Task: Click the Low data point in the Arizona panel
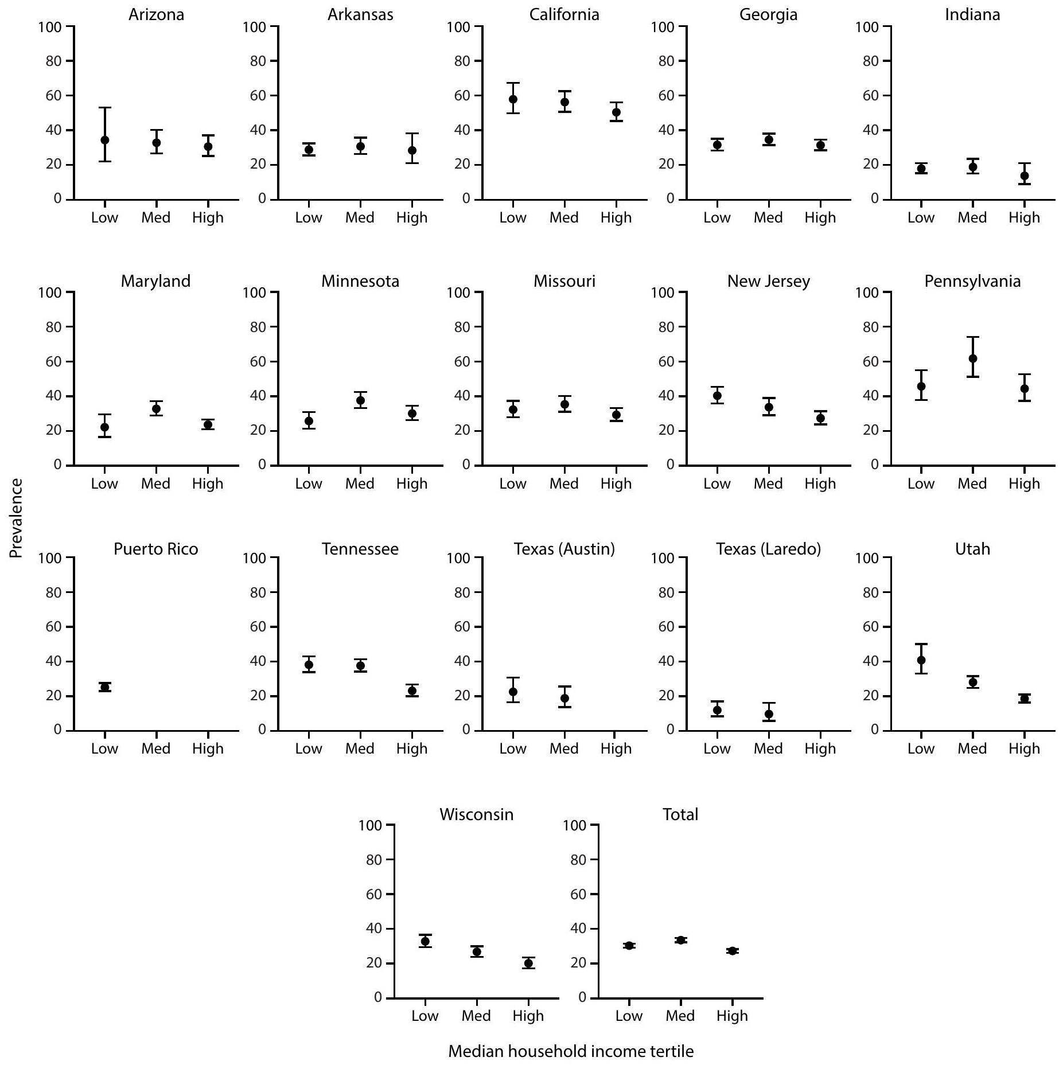pyautogui.click(x=104, y=140)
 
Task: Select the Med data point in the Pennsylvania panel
pyautogui.click(x=972, y=358)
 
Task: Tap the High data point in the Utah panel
pyautogui.click(x=1024, y=699)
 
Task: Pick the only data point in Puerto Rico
pyautogui.click(x=104, y=687)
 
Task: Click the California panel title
pyautogui.click(x=564, y=15)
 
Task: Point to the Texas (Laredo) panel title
pyautogui.click(x=768, y=549)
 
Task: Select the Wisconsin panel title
pyautogui.click(x=476, y=814)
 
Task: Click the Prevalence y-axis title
pyautogui.click(x=17, y=518)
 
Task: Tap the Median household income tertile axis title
pyautogui.click(x=570, y=1051)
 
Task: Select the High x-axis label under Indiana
pyautogui.click(x=1024, y=218)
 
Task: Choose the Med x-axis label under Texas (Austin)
pyautogui.click(x=564, y=748)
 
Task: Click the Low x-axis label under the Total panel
pyautogui.click(x=629, y=1016)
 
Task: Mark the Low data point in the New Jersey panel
pyautogui.click(x=717, y=395)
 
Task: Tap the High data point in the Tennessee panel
pyautogui.click(x=412, y=691)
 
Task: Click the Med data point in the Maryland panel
pyautogui.click(x=156, y=409)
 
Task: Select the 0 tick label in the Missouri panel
pyautogui.click(x=466, y=465)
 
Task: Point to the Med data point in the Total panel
pyautogui.click(x=680, y=940)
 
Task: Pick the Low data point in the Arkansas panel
pyautogui.click(x=309, y=150)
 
